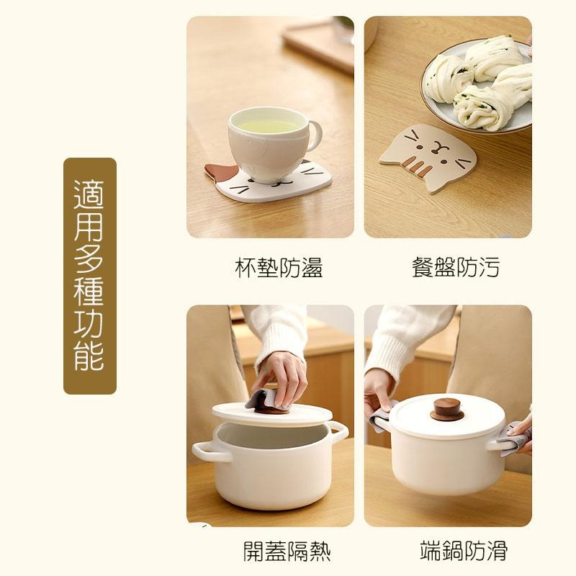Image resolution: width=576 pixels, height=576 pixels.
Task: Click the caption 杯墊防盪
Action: pyautogui.click(x=279, y=268)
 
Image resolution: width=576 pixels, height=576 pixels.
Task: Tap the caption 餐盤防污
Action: pyautogui.click(x=455, y=268)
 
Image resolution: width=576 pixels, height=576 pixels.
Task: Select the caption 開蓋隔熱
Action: pyautogui.click(x=287, y=552)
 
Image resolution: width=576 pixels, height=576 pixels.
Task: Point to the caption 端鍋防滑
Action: pyautogui.click(x=464, y=552)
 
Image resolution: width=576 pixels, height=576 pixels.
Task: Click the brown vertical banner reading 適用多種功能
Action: pyautogui.click(x=90, y=276)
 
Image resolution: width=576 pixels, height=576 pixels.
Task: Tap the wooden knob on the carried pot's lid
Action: pyautogui.click(x=446, y=409)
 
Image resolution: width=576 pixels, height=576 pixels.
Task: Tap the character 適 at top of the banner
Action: pyautogui.click(x=90, y=195)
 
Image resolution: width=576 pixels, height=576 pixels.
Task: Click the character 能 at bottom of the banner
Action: pyautogui.click(x=90, y=356)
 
